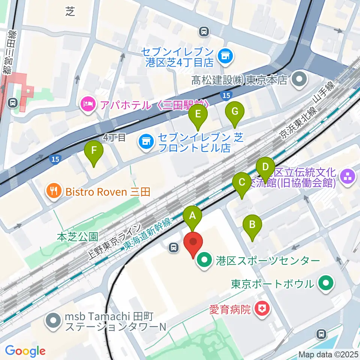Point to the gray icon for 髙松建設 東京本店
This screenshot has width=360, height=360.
300,79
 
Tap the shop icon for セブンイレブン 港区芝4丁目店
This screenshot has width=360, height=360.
226,57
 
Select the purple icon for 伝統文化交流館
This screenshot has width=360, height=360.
347,178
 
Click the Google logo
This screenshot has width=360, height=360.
25,351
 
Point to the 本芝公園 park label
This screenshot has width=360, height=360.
78,237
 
